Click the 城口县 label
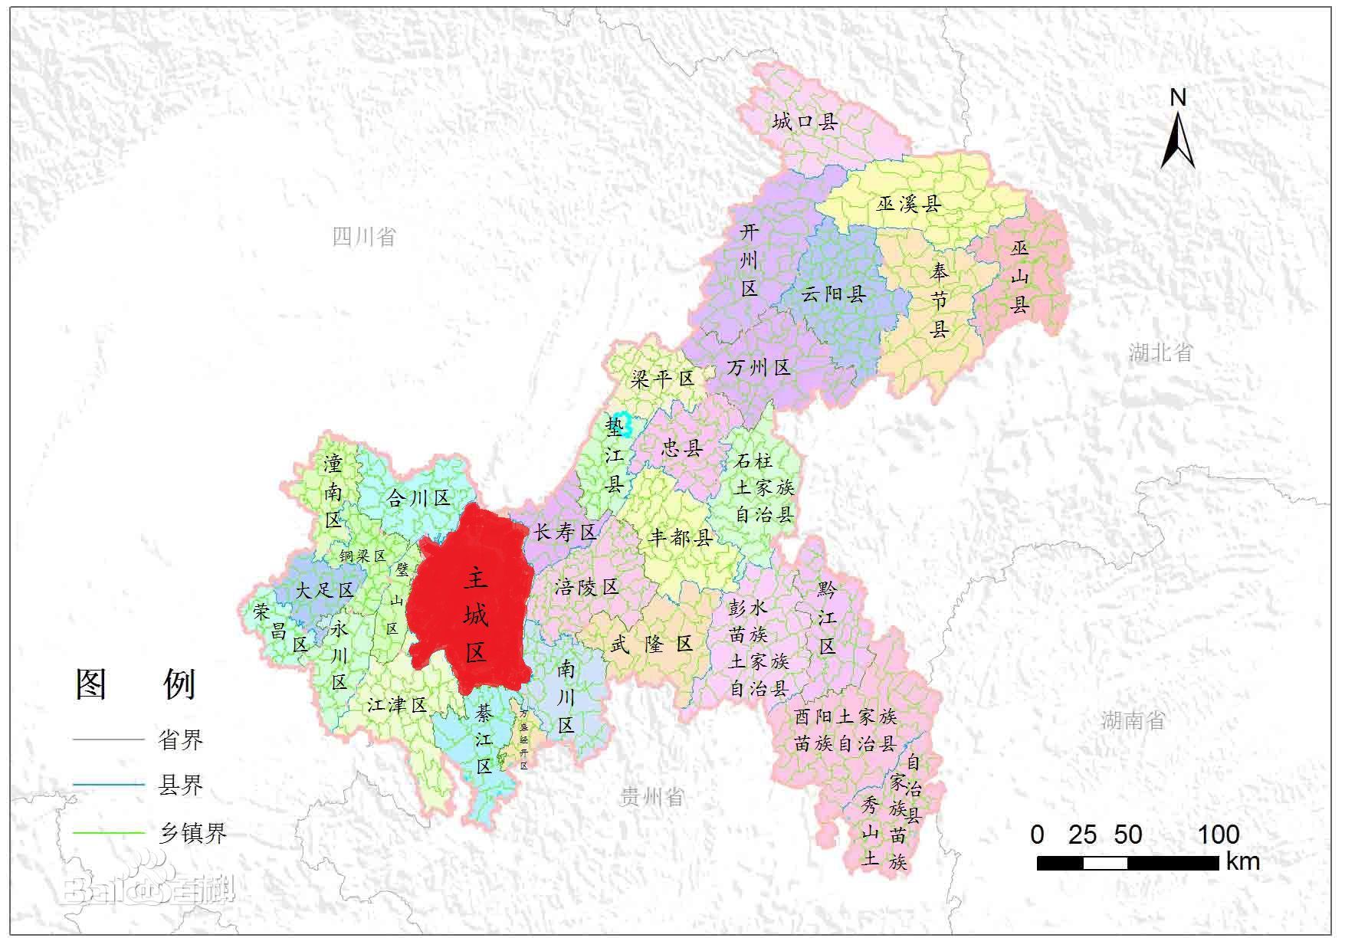[805, 121]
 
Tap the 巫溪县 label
[909, 204]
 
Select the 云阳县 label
[833, 294]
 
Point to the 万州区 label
[759, 368]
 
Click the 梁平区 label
[662, 379]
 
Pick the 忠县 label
[681, 448]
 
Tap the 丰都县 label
[681, 537]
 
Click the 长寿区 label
[565, 533]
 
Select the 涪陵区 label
[586, 588]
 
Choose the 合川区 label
[418, 499]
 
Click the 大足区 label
[325, 590]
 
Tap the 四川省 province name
[364, 237]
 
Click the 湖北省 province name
[1160, 353]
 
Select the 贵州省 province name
[651, 798]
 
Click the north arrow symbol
[1178, 138]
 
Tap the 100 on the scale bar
[1219, 835]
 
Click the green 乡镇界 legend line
[108, 833]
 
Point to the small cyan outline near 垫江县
[625, 424]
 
